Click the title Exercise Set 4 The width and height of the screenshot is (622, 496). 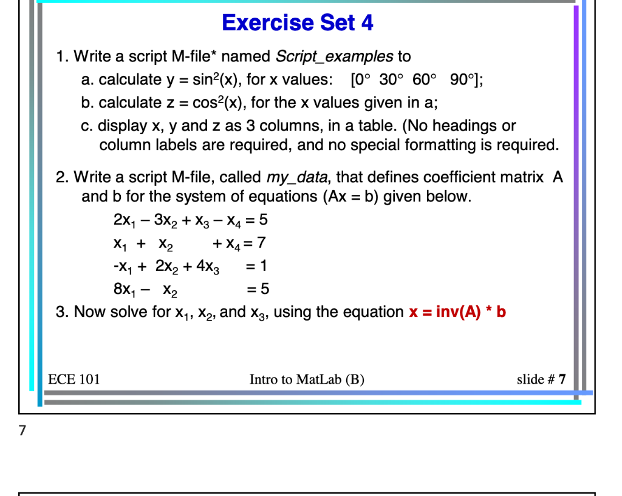[x=298, y=23]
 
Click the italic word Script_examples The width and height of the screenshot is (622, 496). [x=334, y=57]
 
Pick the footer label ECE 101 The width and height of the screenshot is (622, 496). [x=74, y=380]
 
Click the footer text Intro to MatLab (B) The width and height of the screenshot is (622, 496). [x=307, y=380]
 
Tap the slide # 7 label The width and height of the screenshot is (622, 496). [x=541, y=380]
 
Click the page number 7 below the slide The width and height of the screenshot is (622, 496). [x=22, y=431]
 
